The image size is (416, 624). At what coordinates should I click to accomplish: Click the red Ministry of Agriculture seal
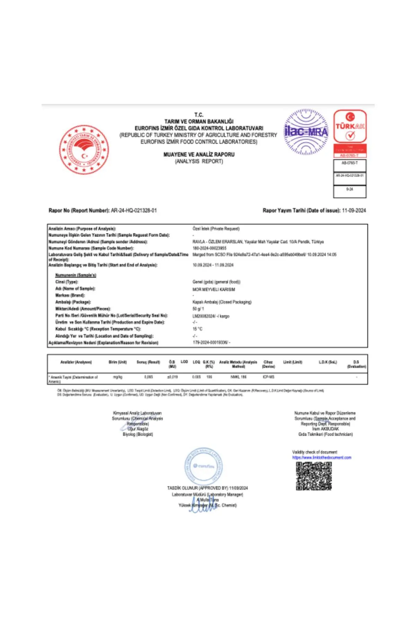pyautogui.click(x=84, y=150)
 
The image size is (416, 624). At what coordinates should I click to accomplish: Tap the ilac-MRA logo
pyautogui.click(x=306, y=132)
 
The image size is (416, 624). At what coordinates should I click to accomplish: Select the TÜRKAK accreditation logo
pyautogui.click(x=350, y=127)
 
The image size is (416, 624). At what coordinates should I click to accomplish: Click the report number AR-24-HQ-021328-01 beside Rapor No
pyautogui.click(x=134, y=210)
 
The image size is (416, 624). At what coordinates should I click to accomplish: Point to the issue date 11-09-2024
pyautogui.click(x=354, y=210)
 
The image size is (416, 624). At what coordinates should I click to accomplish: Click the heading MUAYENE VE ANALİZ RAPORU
pyautogui.click(x=199, y=155)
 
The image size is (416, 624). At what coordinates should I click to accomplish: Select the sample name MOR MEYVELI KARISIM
pyautogui.click(x=214, y=289)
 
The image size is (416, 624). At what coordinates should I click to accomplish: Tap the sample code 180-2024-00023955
pyautogui.click(x=209, y=248)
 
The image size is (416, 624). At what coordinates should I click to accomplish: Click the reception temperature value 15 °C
pyautogui.click(x=198, y=329)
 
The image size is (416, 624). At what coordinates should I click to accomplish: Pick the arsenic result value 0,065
pyautogui.click(x=148, y=377)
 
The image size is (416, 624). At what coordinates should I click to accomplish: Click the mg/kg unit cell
pyautogui.click(x=118, y=377)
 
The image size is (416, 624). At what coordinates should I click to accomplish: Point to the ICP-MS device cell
pyautogui.click(x=268, y=377)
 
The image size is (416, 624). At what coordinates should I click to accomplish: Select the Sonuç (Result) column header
pyautogui.click(x=148, y=362)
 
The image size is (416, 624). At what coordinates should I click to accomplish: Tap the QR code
pyautogui.click(x=314, y=476)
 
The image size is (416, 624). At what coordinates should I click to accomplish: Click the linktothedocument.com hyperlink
pyautogui.click(x=322, y=458)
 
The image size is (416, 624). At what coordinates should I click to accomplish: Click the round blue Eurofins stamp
pyautogui.click(x=203, y=466)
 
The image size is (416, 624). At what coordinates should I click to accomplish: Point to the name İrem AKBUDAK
pyautogui.click(x=325, y=429)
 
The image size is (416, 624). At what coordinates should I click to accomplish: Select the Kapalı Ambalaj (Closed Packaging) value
pyautogui.click(x=222, y=302)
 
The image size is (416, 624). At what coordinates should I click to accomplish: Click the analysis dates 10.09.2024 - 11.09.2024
pyautogui.click(x=213, y=265)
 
